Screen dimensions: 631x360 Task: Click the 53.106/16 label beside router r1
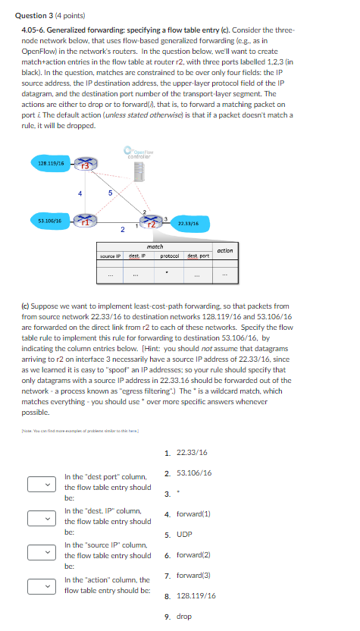[49, 220]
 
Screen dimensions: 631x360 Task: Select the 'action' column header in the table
[225, 250]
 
